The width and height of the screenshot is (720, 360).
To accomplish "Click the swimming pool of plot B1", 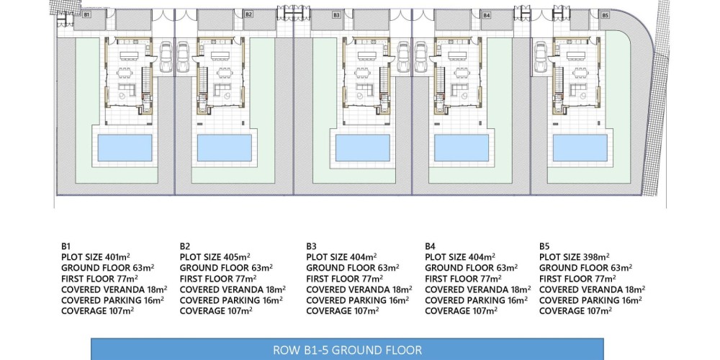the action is (125, 148).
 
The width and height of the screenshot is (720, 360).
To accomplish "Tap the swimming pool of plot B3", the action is (363, 148).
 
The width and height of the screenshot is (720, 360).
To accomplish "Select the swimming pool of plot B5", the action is (580, 148).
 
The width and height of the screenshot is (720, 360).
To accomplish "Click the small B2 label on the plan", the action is (248, 14).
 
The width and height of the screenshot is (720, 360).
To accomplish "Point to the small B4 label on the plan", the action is (487, 15).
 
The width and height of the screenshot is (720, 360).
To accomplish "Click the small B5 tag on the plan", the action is (606, 15).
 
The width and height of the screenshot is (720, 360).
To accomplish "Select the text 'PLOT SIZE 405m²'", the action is (215, 257).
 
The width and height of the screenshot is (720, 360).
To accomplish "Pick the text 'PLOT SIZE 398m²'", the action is (575, 257).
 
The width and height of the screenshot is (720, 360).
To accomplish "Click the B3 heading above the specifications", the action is (311, 246).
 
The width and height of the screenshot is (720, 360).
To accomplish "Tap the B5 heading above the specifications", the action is (544, 246).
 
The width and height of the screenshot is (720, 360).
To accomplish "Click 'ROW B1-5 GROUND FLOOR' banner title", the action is (347, 351).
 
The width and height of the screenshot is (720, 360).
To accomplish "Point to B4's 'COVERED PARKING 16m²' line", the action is (476, 300).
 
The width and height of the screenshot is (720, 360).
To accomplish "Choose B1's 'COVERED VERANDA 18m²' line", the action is (114, 289).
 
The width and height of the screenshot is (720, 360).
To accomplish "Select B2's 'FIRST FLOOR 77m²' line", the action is (218, 278).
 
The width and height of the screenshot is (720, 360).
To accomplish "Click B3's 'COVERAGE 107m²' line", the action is (343, 311).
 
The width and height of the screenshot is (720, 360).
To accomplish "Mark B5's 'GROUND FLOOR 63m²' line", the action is (586, 268).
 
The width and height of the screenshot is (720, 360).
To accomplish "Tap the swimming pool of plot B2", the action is (225, 148).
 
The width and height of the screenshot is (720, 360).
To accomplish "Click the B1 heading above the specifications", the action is (66, 246).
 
